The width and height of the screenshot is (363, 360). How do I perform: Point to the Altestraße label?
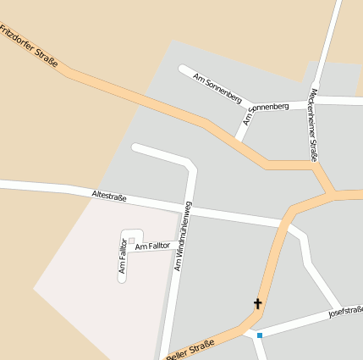pos(108,197)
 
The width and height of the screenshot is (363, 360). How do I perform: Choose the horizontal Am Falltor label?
pos(153,246)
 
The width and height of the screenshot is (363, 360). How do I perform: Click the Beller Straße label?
pos(190,347)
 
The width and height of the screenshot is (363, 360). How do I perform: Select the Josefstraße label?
pos(344,314)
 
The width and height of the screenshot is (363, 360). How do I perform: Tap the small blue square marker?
pos(259,336)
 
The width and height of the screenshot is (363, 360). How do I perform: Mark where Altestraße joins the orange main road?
pos(283,223)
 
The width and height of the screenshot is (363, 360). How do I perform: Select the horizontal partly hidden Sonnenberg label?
pos(269,107)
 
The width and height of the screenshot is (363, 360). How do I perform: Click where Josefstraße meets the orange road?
pos(250,330)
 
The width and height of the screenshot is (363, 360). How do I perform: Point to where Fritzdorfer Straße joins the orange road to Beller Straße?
pos(330,194)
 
